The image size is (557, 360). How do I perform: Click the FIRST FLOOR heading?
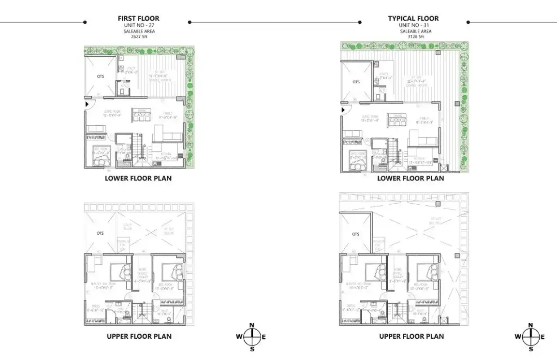138,18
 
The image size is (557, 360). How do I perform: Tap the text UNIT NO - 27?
138,25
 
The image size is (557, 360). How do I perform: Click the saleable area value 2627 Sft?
138,37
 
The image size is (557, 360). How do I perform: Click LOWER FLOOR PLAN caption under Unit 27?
138,178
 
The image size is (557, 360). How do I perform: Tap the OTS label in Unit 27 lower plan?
100,76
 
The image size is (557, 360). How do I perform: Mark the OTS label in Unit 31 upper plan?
356,234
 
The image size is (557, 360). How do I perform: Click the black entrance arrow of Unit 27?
87,104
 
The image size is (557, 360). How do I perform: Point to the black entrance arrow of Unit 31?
343,110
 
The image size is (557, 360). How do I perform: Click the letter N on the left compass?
251,325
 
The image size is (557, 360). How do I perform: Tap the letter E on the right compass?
543,337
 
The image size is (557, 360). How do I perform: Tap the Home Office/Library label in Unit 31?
398,275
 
